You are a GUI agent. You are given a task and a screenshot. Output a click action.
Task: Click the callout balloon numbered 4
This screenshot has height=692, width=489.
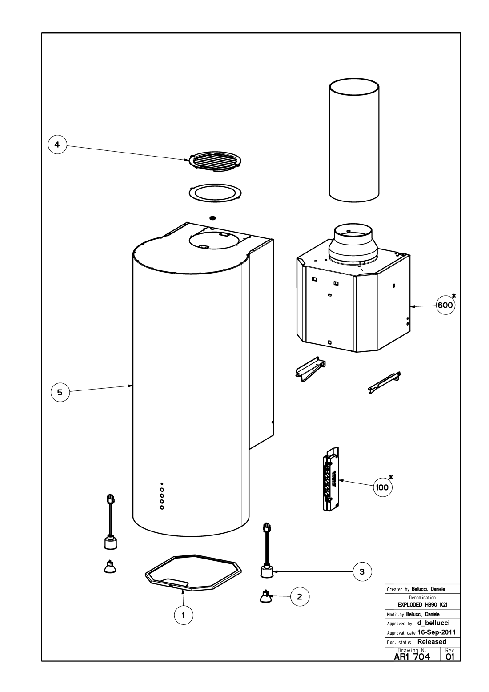tap(57, 145)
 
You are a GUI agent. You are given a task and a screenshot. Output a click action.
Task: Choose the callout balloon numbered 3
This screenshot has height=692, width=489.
tap(362, 572)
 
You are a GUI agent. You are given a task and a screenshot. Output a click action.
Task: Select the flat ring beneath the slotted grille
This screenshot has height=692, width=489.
tap(216, 193)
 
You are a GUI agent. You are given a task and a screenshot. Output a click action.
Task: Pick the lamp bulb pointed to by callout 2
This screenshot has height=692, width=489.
tap(266, 597)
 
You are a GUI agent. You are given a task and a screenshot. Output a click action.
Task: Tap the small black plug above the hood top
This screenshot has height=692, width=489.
tap(212, 218)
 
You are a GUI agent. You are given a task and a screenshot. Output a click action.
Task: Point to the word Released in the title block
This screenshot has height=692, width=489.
tap(432, 642)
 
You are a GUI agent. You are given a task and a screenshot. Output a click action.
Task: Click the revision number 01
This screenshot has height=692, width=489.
tap(449, 655)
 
